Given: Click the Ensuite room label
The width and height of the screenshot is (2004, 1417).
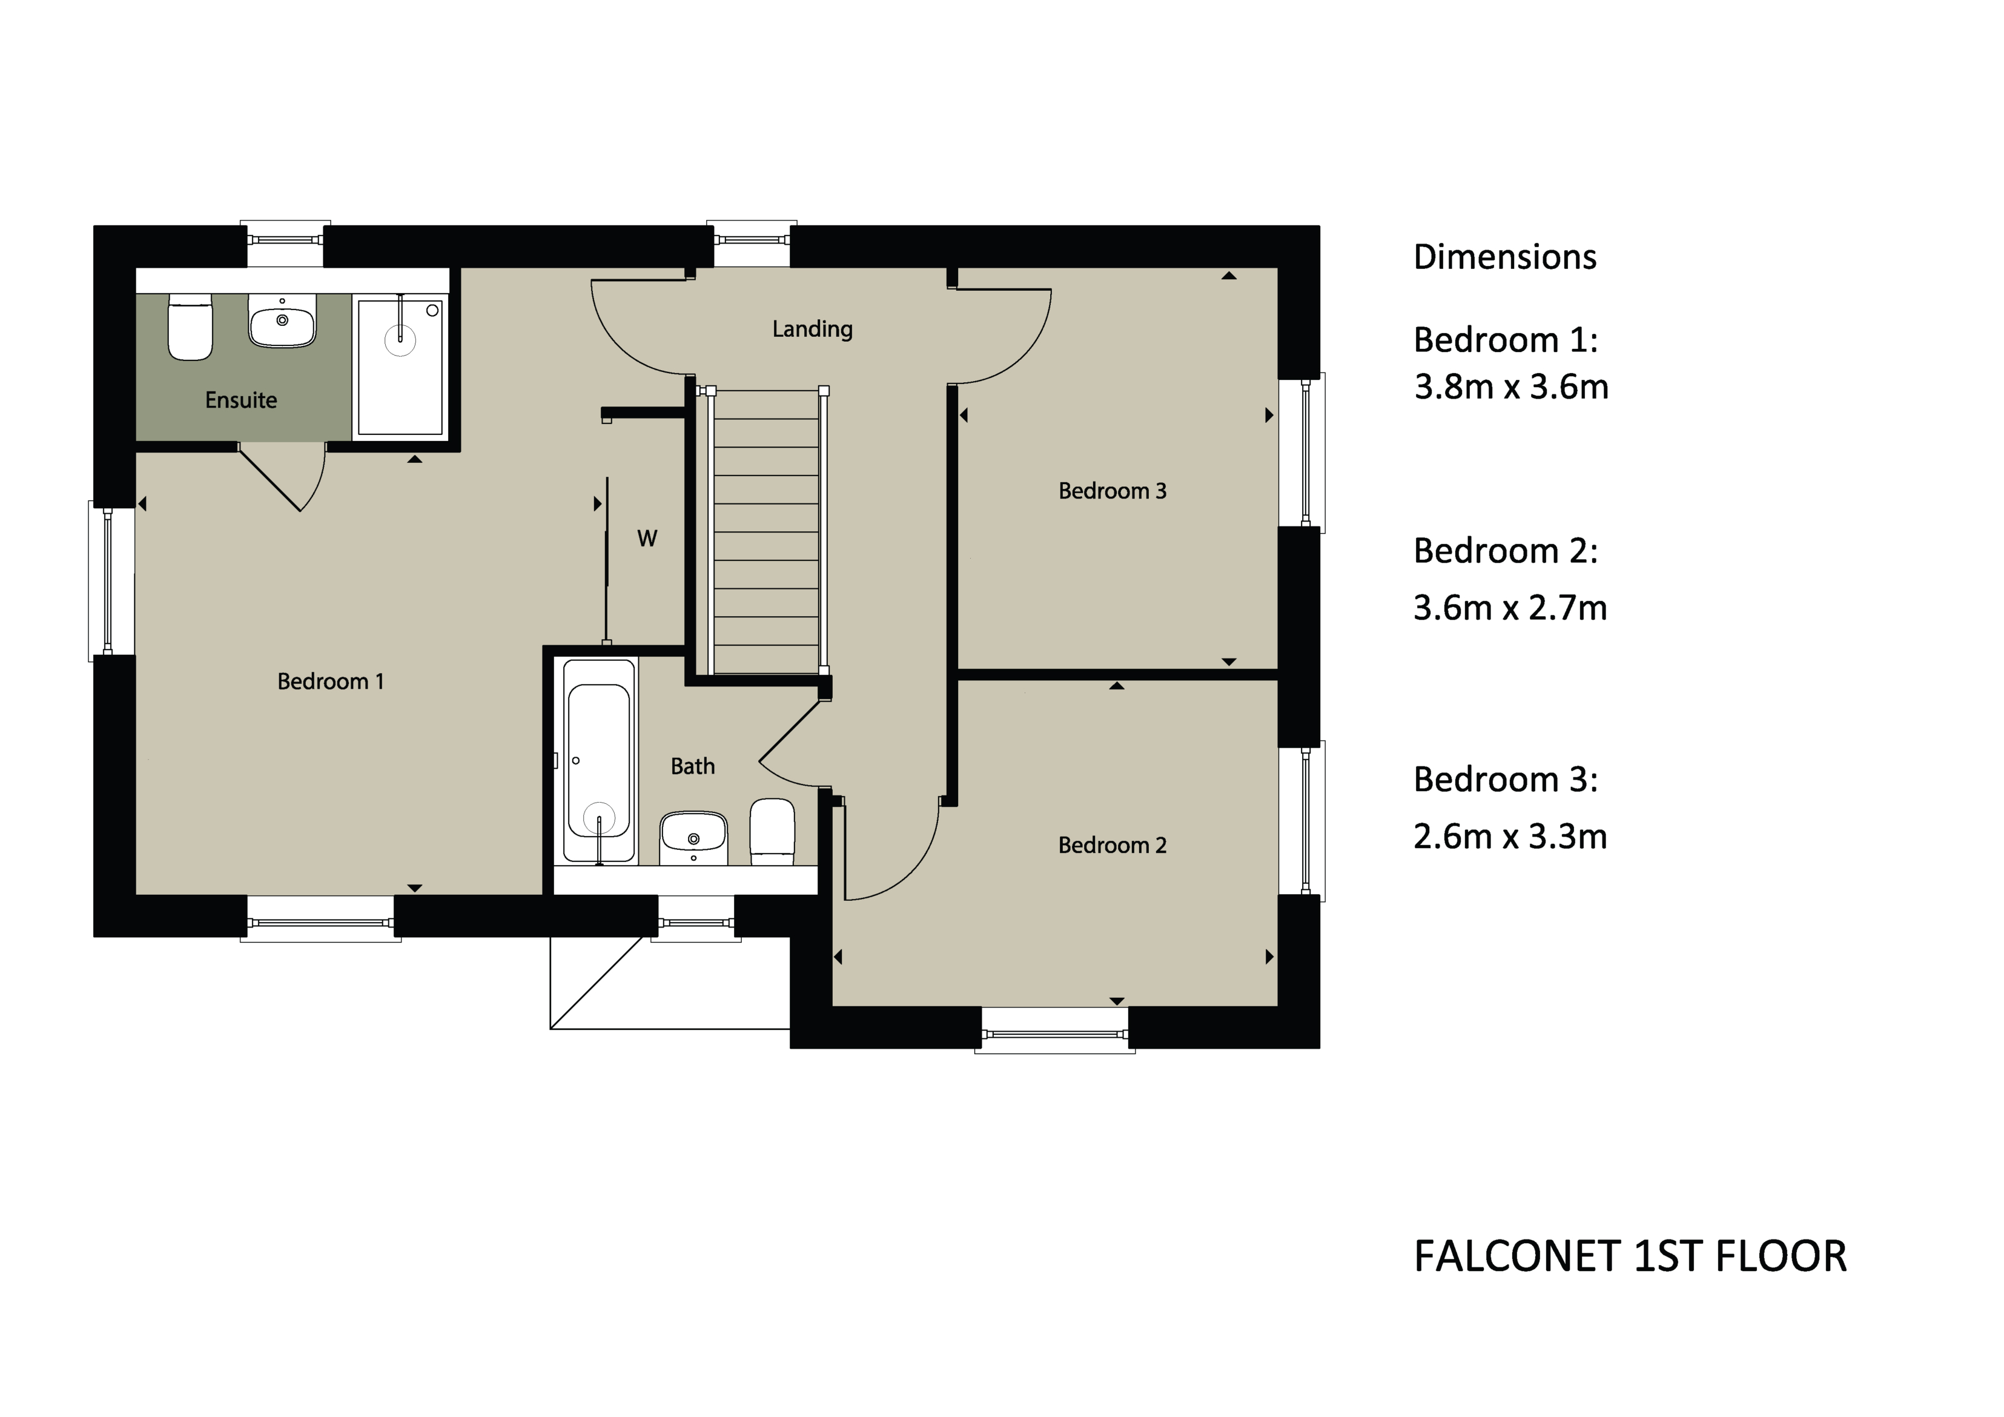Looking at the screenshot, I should (241, 400).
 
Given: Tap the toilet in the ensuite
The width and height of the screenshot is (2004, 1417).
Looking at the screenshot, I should (190, 327).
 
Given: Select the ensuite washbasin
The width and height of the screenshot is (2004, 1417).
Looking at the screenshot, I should (282, 320).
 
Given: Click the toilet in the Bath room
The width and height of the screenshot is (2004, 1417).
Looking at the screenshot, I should (772, 831).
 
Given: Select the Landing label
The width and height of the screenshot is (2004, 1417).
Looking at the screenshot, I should (812, 329).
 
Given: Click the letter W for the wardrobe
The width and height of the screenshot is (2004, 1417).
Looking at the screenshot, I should (647, 539).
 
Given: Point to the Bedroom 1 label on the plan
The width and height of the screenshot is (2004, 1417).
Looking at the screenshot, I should (330, 681).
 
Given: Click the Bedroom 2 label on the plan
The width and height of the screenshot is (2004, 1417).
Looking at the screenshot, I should (1112, 845).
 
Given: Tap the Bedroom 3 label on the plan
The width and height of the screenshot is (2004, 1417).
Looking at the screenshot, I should (1112, 491).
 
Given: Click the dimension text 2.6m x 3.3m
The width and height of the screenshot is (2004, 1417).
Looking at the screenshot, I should (1510, 837).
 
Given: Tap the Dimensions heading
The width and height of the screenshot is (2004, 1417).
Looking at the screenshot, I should (1505, 257).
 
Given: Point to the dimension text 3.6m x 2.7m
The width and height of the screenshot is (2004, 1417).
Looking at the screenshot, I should (1510, 608).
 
